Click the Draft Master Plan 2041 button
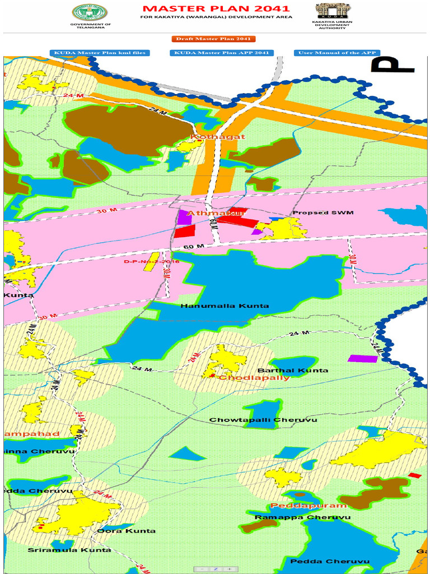point(213,39)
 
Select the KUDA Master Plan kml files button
point(100,53)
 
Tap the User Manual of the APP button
point(337,53)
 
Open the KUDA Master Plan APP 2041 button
point(222,53)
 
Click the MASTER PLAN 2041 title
point(216,8)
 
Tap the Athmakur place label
point(209,214)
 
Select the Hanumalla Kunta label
point(225,306)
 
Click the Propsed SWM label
point(319,213)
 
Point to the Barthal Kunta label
point(285,371)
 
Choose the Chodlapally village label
point(254,378)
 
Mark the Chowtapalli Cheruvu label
point(263,420)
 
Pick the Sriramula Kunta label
point(69,550)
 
